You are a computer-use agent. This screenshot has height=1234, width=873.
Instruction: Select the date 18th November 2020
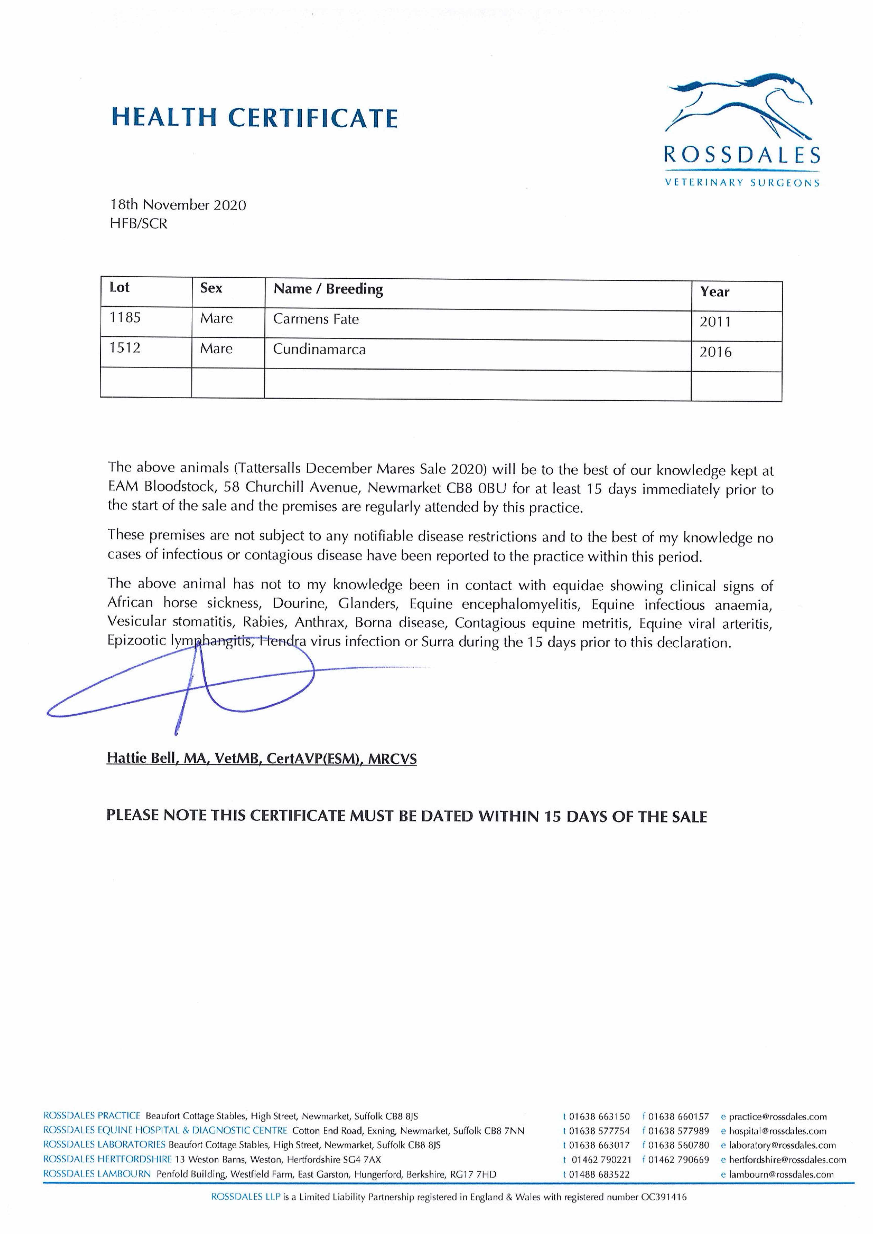pos(178,205)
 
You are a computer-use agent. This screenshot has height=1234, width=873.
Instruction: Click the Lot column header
pos(119,288)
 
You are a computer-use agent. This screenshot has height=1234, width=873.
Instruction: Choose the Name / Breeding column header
pos(328,289)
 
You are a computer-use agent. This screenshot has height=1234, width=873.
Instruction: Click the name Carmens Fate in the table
pos(316,319)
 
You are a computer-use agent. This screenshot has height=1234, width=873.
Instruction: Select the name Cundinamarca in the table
pos(319,349)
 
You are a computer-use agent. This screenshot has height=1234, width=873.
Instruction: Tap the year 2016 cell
pos(715,352)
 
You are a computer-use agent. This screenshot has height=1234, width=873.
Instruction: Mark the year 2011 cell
pos(715,322)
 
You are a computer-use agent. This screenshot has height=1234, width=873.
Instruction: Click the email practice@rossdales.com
pos(777,1117)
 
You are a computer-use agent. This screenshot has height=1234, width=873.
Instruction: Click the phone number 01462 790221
pos(601,1160)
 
